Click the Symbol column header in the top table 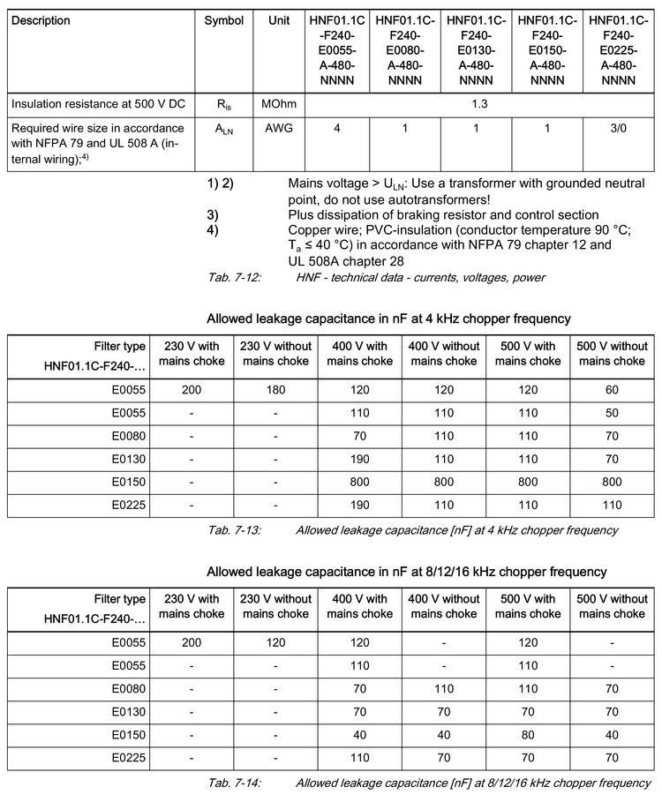tap(224, 20)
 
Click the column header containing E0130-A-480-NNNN tap(477, 49)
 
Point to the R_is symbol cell tap(224, 104)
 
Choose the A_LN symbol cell tap(224, 128)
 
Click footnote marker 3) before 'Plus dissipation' tap(213, 215)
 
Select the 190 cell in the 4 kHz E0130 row tap(360, 461)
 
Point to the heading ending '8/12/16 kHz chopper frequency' tap(406, 572)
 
